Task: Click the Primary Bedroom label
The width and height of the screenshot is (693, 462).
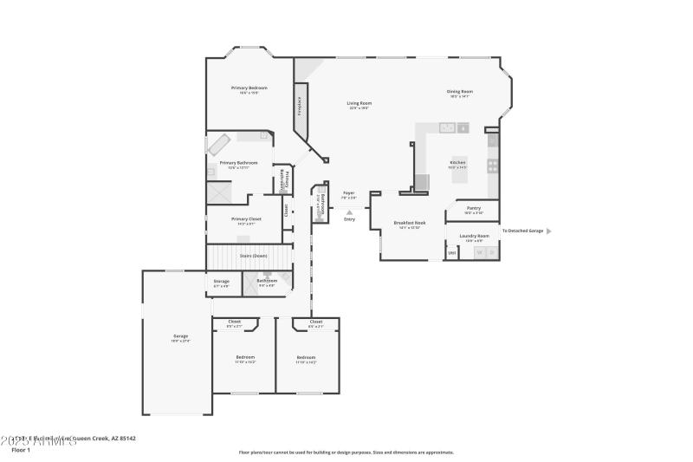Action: pos(249,88)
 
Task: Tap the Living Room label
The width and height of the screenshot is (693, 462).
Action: pos(359,104)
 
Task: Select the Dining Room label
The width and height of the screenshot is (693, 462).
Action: pos(460,92)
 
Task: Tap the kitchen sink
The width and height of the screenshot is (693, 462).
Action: pos(449,128)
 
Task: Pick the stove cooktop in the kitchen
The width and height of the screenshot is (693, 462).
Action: pos(492,164)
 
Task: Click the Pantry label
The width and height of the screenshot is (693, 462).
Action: pos(474,208)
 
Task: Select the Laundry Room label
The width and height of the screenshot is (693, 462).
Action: pos(474,236)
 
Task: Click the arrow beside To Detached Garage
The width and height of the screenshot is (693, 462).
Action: pos(548,231)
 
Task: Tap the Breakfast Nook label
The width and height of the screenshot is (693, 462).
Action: pos(410,223)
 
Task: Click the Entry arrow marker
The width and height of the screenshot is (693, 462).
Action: pos(349,211)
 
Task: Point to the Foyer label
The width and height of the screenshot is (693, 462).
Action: pos(349,193)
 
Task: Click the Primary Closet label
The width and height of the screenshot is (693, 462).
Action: pos(245,219)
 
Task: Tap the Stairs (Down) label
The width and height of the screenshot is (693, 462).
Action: pos(254,257)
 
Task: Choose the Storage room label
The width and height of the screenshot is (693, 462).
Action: pos(222,282)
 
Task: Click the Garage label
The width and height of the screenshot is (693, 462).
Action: pos(180,336)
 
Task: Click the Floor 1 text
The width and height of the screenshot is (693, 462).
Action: pos(20,450)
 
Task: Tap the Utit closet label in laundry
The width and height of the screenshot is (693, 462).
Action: pos(451,252)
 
